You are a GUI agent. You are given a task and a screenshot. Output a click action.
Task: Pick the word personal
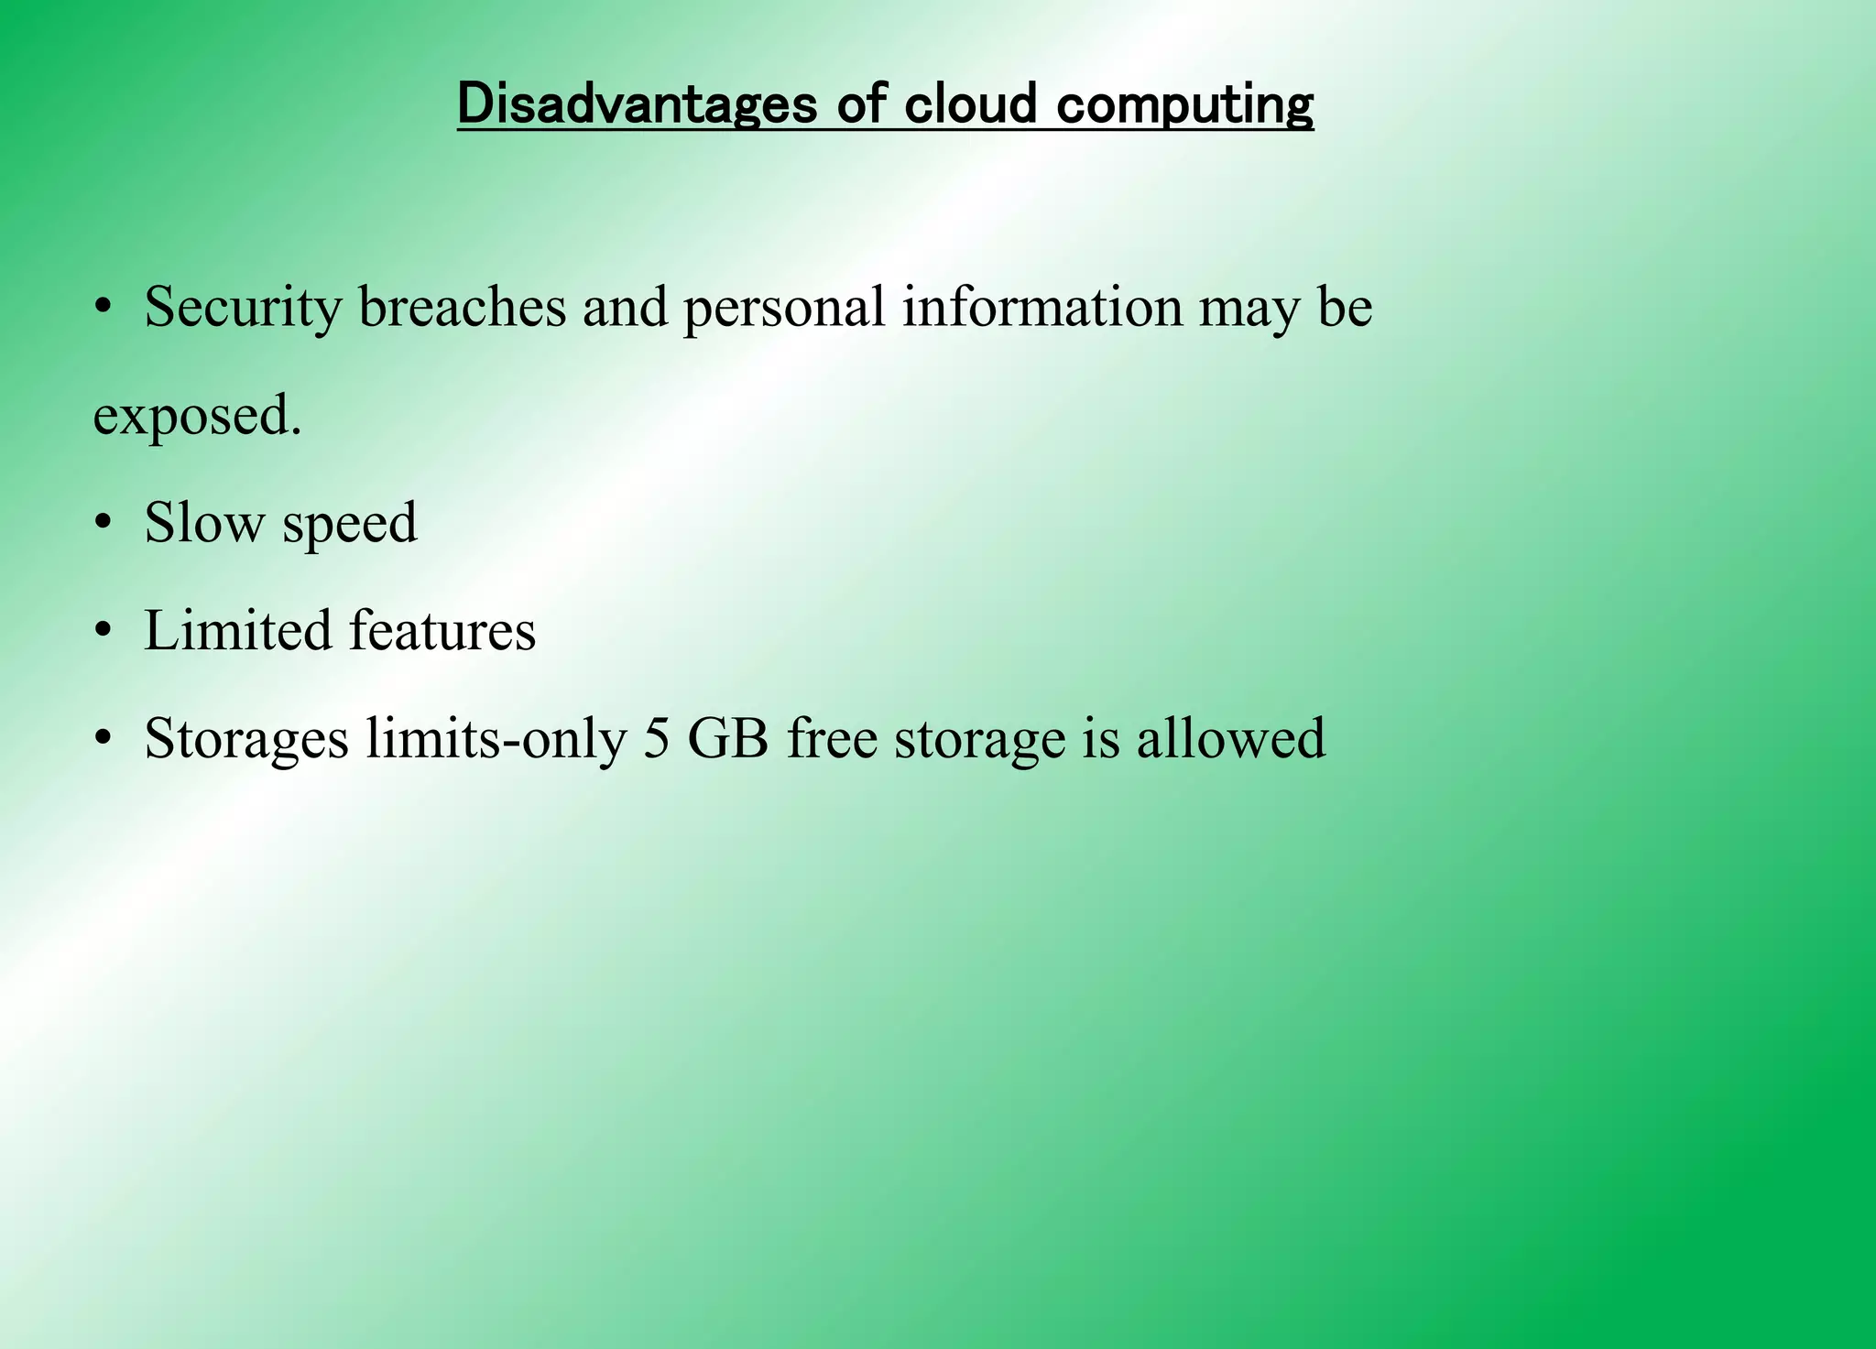(784, 308)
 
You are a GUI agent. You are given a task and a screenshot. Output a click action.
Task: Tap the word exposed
(197, 417)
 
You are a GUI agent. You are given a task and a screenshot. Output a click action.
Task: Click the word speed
(349, 525)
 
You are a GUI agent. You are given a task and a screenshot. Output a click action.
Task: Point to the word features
(442, 631)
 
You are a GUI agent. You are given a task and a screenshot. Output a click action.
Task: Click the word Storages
(246, 740)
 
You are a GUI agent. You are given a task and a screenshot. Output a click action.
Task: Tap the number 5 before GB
(656, 738)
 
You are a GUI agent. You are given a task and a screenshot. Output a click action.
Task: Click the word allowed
(1230, 738)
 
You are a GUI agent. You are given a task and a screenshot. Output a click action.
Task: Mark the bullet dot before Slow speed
(103, 524)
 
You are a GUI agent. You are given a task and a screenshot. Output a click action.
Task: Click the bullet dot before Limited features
(103, 632)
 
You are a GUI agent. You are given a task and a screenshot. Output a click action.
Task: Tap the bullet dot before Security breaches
(103, 308)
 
